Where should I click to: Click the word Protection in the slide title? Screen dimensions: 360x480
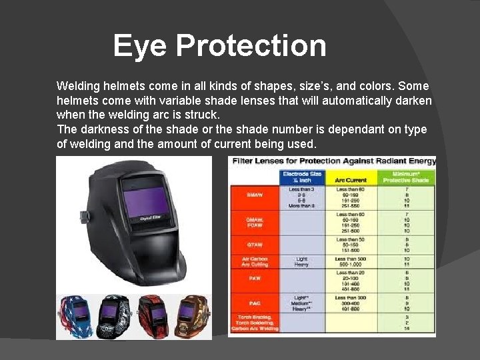[251, 46]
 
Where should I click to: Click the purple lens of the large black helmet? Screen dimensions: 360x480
[143, 203]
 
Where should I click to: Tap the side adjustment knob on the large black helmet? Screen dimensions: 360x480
[83, 217]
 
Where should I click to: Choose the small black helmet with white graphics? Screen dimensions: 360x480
[114, 317]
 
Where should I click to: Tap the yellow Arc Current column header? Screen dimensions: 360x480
[351, 179]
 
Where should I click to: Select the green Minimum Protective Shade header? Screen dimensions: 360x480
[406, 177]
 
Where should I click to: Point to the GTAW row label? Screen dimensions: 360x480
[253, 244]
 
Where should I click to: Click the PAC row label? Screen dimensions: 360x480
[253, 303]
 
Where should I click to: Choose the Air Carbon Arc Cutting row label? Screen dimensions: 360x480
[253, 261]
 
